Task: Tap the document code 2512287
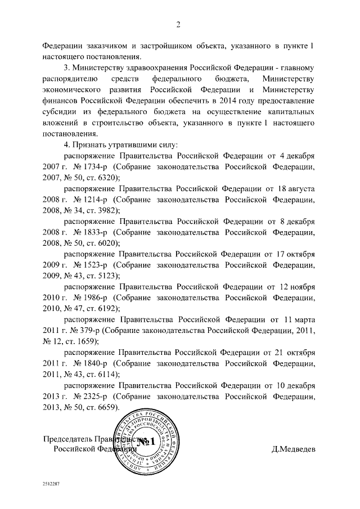tap(51, 483)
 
